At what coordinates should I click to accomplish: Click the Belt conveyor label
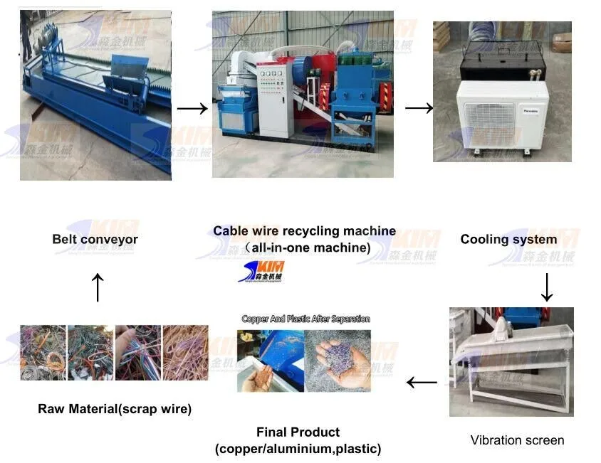tap(95, 239)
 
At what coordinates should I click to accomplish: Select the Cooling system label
tap(508, 239)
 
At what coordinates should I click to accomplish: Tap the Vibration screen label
tap(517, 440)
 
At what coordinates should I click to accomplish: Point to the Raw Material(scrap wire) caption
tap(115, 409)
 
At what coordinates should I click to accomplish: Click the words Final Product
tap(298, 432)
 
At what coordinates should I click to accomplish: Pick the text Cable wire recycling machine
tap(304, 231)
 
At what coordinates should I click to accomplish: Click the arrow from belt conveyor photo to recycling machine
tap(192, 109)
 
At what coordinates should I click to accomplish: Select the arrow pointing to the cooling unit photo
tap(419, 108)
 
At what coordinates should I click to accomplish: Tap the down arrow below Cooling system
tap(547, 287)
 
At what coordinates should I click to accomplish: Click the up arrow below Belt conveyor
tap(98, 288)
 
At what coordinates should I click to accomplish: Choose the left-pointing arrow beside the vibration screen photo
tap(422, 383)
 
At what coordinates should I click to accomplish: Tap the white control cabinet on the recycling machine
tap(274, 100)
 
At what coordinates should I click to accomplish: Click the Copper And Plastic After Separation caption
tap(305, 319)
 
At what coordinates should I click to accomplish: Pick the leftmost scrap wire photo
tap(43, 353)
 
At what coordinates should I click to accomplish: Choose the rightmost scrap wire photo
tap(185, 353)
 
